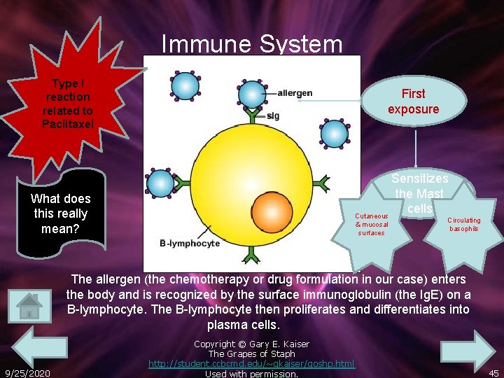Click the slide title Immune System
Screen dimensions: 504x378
(x=252, y=45)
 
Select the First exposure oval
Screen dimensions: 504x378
(x=413, y=101)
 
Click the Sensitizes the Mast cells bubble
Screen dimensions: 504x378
(x=419, y=194)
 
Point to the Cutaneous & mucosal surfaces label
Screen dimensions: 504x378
(x=371, y=224)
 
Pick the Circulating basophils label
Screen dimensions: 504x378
(x=464, y=225)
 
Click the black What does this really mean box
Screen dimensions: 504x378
(x=60, y=213)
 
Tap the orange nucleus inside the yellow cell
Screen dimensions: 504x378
(x=272, y=211)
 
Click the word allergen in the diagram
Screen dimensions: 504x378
(x=295, y=93)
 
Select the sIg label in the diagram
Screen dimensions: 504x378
(x=272, y=115)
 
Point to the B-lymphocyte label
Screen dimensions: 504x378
(x=190, y=243)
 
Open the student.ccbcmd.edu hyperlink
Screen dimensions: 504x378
(x=251, y=363)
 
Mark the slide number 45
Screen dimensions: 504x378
(x=493, y=373)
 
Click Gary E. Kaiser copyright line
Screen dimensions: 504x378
(x=251, y=344)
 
